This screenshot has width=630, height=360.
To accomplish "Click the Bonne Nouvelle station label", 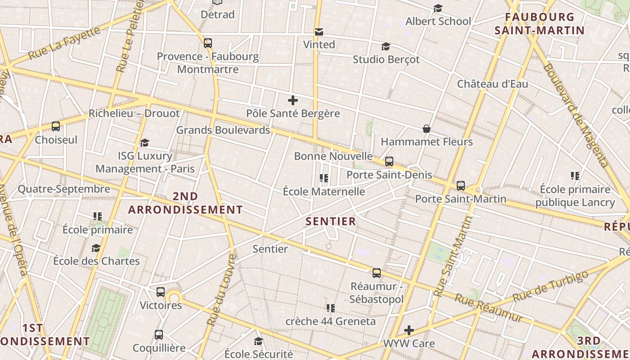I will click(333, 156).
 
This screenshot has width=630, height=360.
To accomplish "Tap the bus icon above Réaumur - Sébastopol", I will click(377, 273).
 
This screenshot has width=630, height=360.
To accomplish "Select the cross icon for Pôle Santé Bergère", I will click(293, 100).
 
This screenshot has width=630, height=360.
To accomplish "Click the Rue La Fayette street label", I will click(64, 43).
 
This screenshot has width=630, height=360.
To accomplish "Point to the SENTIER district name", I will click(331, 221).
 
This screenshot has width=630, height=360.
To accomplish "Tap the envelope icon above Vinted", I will click(319, 31).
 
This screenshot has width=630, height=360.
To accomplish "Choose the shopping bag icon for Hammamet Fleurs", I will click(427, 129).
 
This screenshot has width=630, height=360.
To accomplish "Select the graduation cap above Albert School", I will click(438, 9).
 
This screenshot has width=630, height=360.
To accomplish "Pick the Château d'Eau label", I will click(493, 84).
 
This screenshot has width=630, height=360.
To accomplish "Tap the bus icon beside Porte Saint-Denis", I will click(389, 162).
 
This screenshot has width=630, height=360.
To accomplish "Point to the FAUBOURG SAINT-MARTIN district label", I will click(539, 24).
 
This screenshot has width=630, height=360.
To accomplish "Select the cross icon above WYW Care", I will click(409, 330).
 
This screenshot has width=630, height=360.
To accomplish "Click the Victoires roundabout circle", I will click(174, 297).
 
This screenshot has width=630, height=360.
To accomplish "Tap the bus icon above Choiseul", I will click(56, 126).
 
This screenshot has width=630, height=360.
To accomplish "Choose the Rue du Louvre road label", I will click(221, 290).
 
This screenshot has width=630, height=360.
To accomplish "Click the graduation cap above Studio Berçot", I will click(386, 47).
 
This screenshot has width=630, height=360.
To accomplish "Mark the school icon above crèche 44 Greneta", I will click(331, 308).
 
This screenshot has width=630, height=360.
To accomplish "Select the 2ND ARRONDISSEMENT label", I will click(185, 203).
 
